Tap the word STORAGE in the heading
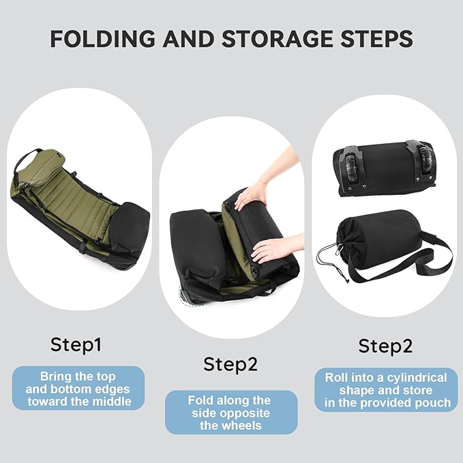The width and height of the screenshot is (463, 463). (276, 38)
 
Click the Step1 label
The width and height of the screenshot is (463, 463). (76, 345)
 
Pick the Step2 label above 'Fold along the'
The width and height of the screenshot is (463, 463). (230, 364)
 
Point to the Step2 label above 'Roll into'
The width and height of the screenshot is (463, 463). (385, 346)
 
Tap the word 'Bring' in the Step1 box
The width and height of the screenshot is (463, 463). (57, 376)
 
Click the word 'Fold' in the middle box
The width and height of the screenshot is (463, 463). (200, 400)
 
